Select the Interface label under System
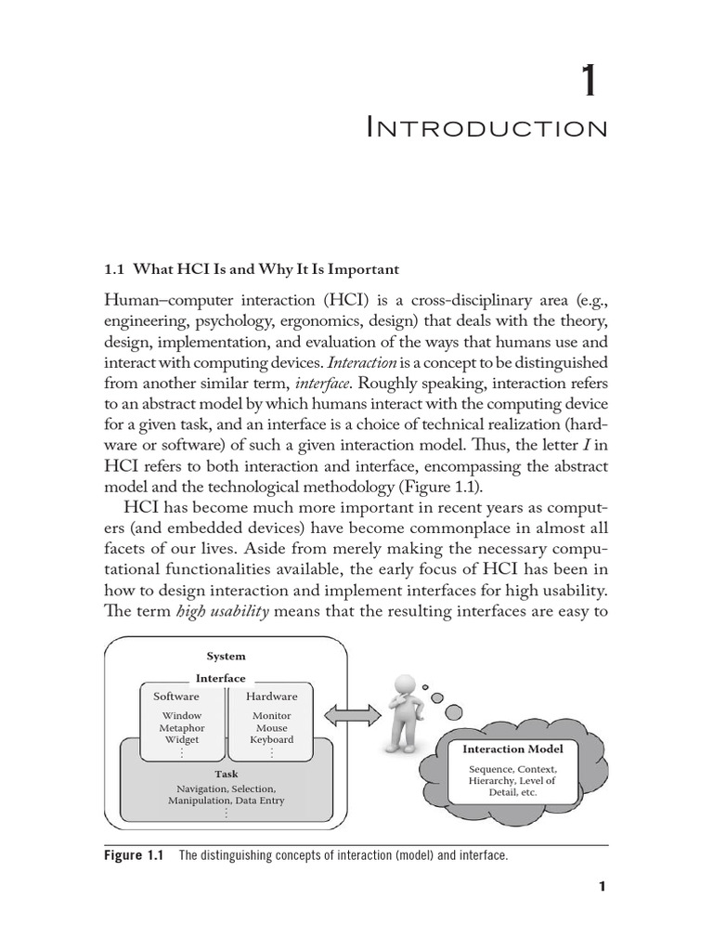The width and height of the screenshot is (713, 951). click(221, 678)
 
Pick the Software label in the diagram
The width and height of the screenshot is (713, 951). click(175, 696)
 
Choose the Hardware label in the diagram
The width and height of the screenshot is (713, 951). click(271, 696)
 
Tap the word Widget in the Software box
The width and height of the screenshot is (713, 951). click(182, 739)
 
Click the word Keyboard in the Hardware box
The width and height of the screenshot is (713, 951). click(271, 739)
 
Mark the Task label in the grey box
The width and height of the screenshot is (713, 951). click(226, 774)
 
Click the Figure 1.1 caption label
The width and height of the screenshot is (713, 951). click(136, 855)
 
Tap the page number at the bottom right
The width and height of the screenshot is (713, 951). click(602, 886)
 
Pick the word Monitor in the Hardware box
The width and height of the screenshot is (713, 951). click(271, 716)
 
